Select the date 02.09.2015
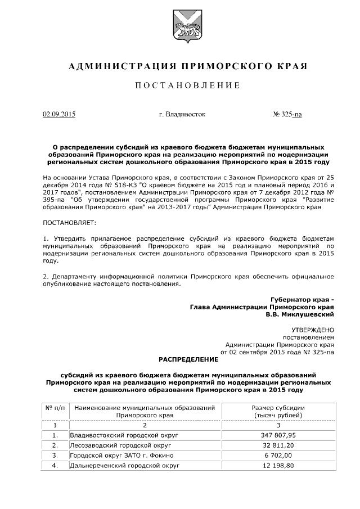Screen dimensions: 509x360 click(59, 114)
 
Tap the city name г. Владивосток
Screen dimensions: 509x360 click(182, 114)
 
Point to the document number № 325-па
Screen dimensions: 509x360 click(287, 114)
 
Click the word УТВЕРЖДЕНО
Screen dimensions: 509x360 click(312, 330)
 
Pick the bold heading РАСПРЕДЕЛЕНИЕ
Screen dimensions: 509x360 click(188, 359)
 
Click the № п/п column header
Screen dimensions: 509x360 click(55, 407)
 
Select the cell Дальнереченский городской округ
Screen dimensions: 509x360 click(124, 466)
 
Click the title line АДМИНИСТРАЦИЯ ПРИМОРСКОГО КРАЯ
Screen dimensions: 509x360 click(188, 66)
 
